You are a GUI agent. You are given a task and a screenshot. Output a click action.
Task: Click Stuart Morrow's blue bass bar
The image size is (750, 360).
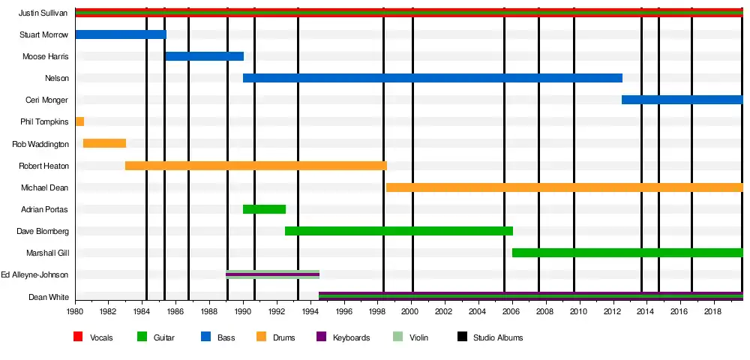click(x=120, y=34)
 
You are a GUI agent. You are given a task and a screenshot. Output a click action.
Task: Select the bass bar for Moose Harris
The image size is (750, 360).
click(x=204, y=56)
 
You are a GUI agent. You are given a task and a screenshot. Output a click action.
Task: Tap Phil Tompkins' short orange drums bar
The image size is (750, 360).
click(x=79, y=121)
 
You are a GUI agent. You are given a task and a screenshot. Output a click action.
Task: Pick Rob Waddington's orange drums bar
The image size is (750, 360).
click(x=104, y=143)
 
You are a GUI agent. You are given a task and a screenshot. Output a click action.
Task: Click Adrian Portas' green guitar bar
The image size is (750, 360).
click(x=264, y=209)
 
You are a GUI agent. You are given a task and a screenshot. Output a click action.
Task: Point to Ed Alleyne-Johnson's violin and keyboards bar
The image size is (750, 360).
click(x=272, y=274)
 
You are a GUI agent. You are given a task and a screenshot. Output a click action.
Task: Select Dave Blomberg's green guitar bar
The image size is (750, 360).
click(x=398, y=231)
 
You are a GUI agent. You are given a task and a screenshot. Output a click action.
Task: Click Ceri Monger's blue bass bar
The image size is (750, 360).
click(x=682, y=100)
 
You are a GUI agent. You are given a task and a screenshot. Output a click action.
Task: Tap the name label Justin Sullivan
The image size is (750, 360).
click(x=43, y=13)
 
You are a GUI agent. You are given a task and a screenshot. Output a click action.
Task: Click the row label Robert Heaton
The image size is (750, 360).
click(x=43, y=166)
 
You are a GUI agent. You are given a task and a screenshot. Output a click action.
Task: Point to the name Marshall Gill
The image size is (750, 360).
click(x=47, y=253)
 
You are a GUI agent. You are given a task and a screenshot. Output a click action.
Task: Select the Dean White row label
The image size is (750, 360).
click(x=49, y=297)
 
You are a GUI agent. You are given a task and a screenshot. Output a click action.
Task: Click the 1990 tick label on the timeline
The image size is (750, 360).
click(x=243, y=311)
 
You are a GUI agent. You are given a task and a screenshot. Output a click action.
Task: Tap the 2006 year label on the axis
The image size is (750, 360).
click(x=511, y=311)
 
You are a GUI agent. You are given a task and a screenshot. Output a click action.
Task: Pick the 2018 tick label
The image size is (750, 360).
click(x=712, y=311)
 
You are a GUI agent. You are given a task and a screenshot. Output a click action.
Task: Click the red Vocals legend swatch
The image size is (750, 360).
click(x=78, y=337)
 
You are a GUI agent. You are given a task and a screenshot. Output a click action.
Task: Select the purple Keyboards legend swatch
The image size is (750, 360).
click(x=321, y=337)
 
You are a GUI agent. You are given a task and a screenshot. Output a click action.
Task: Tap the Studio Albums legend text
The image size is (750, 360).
click(x=498, y=337)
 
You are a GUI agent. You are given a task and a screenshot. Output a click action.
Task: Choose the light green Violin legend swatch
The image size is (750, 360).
click(x=397, y=337)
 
